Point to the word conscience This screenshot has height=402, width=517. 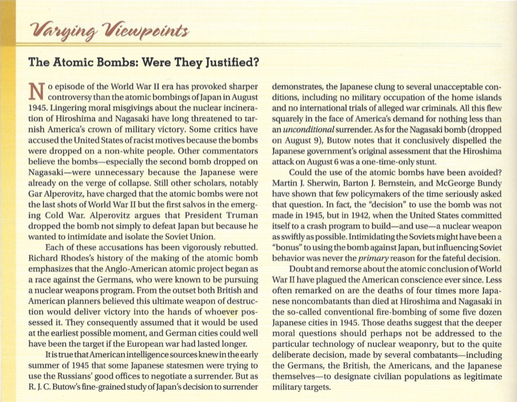422,279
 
